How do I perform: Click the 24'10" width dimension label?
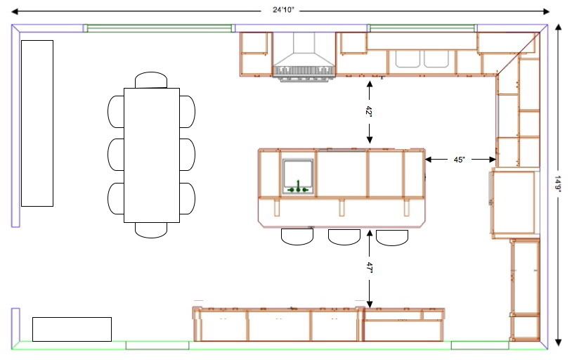[x=282, y=10]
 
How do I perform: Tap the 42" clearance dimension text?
[x=369, y=111]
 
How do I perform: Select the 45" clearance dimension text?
[x=460, y=160]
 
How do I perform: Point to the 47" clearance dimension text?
[x=369, y=268]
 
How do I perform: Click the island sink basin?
[x=298, y=176]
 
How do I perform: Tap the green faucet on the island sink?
[x=298, y=187]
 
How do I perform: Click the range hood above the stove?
[x=304, y=55]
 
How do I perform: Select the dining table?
[x=152, y=155]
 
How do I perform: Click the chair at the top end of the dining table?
[x=151, y=79]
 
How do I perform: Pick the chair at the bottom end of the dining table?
[x=151, y=230]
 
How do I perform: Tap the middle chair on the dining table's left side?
[x=116, y=155]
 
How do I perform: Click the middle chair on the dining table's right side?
[x=187, y=155]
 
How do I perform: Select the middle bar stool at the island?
[x=344, y=237]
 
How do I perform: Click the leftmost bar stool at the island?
[x=297, y=237]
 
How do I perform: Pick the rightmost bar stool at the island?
[x=392, y=238]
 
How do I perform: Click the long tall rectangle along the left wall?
[x=37, y=124]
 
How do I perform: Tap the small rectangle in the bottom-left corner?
[x=72, y=329]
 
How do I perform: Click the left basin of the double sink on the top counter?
[x=408, y=59]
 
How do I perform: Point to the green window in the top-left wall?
[x=159, y=28]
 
